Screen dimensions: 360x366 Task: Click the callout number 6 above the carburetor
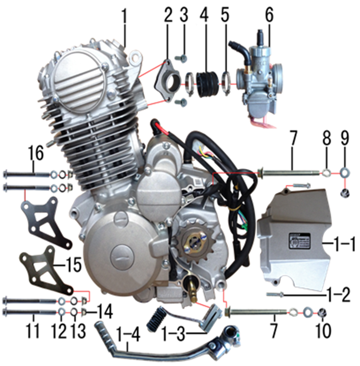click(269, 16)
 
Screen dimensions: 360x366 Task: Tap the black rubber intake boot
click(207, 84)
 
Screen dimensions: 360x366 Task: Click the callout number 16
click(36, 152)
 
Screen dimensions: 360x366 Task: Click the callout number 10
click(323, 330)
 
